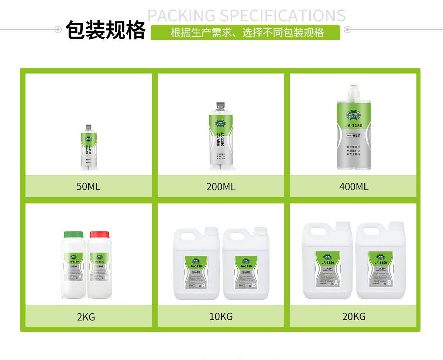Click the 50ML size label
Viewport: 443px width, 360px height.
point(88,186)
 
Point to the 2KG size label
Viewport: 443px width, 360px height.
point(86,317)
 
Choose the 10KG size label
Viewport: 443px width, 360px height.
point(221,316)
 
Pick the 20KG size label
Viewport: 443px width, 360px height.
point(354,316)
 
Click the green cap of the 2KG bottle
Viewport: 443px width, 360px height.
point(73,235)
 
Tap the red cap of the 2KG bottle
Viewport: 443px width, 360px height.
point(100,235)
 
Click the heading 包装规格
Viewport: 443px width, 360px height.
point(106,30)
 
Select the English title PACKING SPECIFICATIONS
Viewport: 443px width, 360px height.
point(247,16)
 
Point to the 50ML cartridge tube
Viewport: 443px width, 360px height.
point(89,148)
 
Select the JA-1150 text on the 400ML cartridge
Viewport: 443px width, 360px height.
point(354,126)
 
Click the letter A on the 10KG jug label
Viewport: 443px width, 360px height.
point(203,285)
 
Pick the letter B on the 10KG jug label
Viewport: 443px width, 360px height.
point(254,285)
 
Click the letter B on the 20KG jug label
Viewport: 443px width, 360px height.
point(389,283)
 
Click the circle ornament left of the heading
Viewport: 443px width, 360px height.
point(58,30)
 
